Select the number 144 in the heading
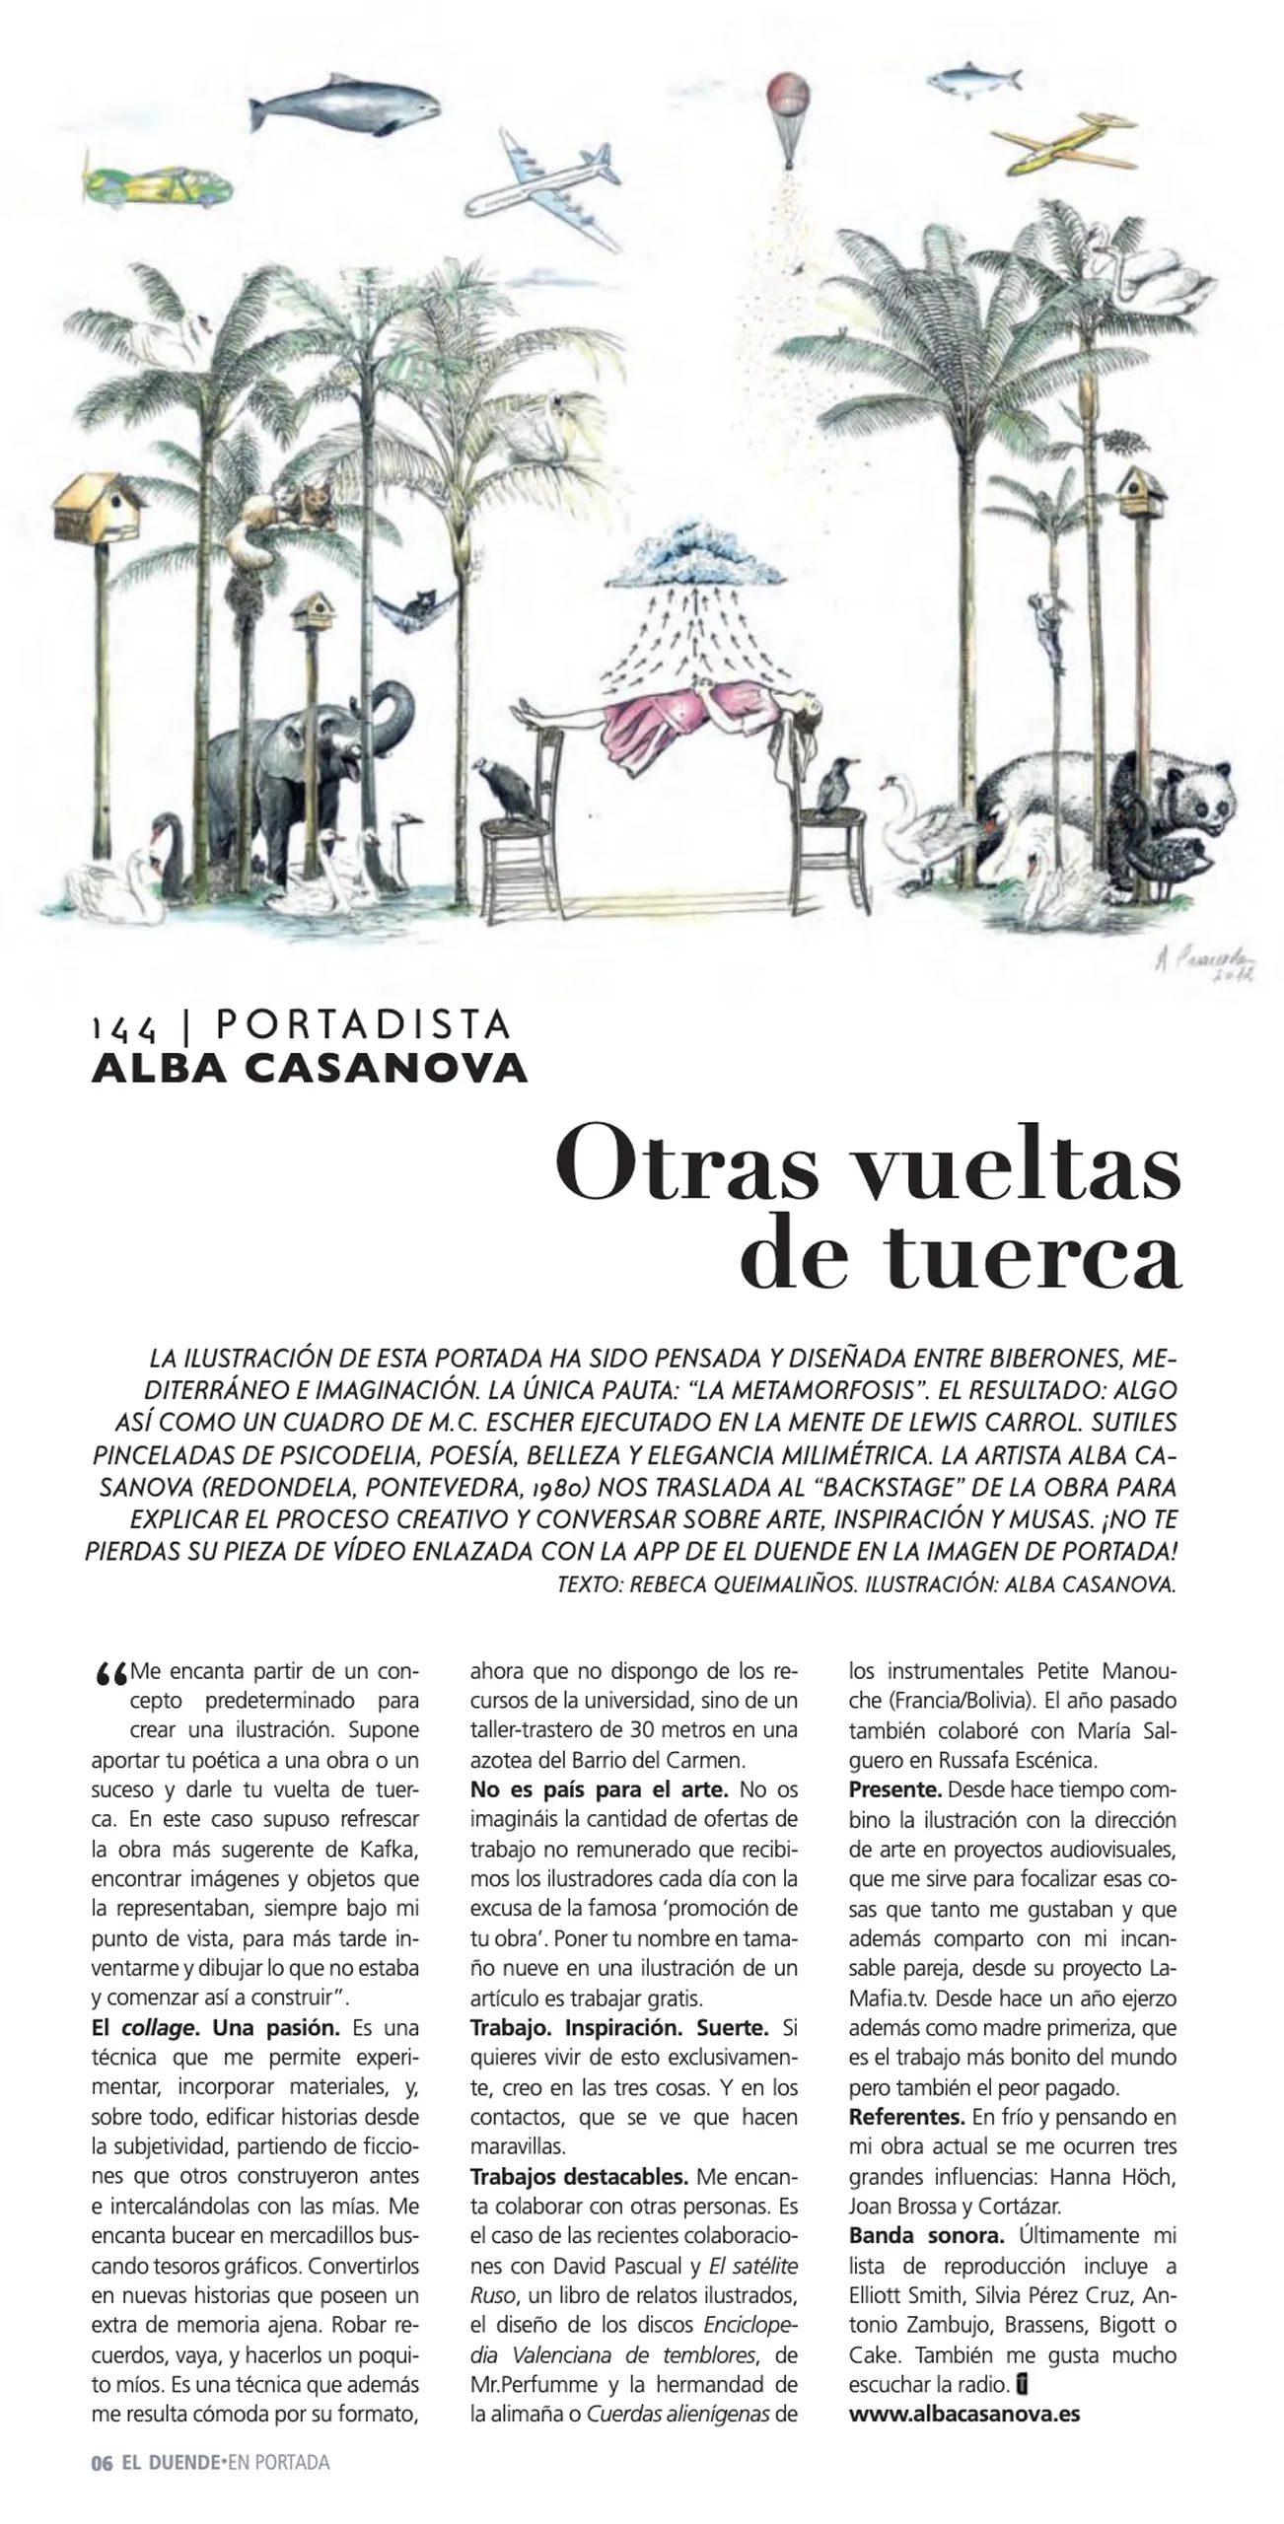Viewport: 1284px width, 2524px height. (123, 1028)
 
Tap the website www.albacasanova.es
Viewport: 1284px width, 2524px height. (963, 2414)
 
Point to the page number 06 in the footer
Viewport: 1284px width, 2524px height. (102, 2462)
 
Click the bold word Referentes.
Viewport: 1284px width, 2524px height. (906, 2116)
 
